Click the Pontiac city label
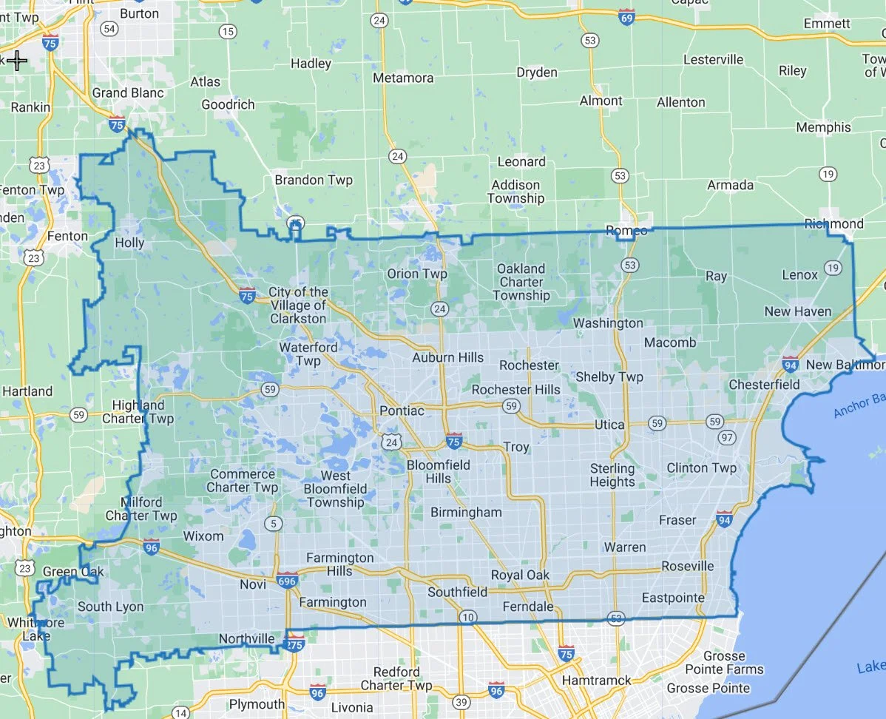pyautogui.click(x=402, y=411)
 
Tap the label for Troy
pyautogui.click(x=516, y=447)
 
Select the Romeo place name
pyautogui.click(x=626, y=231)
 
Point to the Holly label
pyautogui.click(x=129, y=243)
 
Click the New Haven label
pyautogui.click(x=798, y=311)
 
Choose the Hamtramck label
pyautogui.click(x=597, y=680)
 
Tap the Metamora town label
pyautogui.click(x=403, y=78)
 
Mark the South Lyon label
pyautogui.click(x=110, y=607)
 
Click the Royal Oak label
pyautogui.click(x=521, y=575)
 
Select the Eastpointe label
pyautogui.click(x=673, y=598)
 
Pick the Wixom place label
pyautogui.click(x=203, y=536)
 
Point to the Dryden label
pyautogui.click(x=537, y=72)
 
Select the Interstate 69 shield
pyautogui.click(x=626, y=17)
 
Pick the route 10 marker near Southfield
pyautogui.click(x=467, y=617)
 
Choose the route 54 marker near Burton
pyautogui.click(x=109, y=29)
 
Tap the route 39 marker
pyautogui.click(x=462, y=701)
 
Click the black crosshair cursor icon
pyautogui.click(x=17, y=60)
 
